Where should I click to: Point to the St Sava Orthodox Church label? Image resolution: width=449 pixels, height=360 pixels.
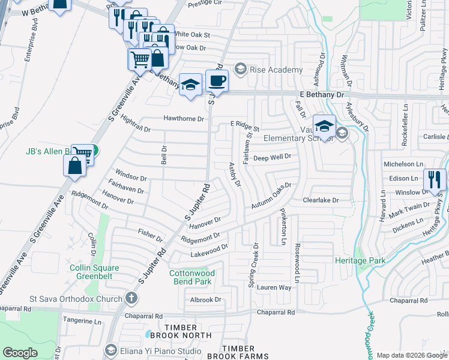pos(76,299)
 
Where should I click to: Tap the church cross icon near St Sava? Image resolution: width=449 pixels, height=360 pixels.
pos(131,298)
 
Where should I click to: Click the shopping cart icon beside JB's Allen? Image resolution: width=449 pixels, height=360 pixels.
pos(82,154)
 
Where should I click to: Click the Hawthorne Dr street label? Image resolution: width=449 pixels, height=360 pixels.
pos(184,119)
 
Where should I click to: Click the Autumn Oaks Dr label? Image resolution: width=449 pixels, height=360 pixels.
pos(270,196)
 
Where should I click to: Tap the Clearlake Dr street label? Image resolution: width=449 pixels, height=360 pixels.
pos(321,200)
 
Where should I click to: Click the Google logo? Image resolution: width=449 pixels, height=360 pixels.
pos(20,353)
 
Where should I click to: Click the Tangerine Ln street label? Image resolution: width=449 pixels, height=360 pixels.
pos(82,322)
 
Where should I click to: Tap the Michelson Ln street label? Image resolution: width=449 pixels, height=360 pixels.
pos(408,164)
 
